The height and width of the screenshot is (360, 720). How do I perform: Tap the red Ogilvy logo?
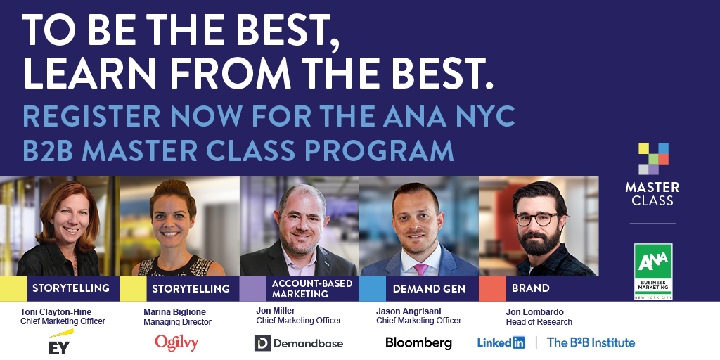pos(176,342)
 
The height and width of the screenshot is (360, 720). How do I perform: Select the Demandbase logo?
pos(298,343)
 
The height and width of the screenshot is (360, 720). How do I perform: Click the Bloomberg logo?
pos(418,343)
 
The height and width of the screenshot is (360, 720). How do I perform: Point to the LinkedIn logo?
pos(501,342)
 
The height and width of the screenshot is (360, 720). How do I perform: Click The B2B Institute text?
pos(591,342)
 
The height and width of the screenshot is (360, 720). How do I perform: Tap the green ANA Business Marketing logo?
pos(653,271)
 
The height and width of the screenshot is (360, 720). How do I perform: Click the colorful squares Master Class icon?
pos(653,159)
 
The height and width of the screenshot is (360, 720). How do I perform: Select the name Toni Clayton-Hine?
pos(56,311)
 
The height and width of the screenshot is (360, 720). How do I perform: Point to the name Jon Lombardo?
pos(535,311)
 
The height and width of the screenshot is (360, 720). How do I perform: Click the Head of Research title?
pos(539,322)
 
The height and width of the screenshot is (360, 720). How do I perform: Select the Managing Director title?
pos(177,322)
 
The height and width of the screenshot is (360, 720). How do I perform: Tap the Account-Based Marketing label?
pos(300,288)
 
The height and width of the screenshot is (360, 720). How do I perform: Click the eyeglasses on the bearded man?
pos(537,219)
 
